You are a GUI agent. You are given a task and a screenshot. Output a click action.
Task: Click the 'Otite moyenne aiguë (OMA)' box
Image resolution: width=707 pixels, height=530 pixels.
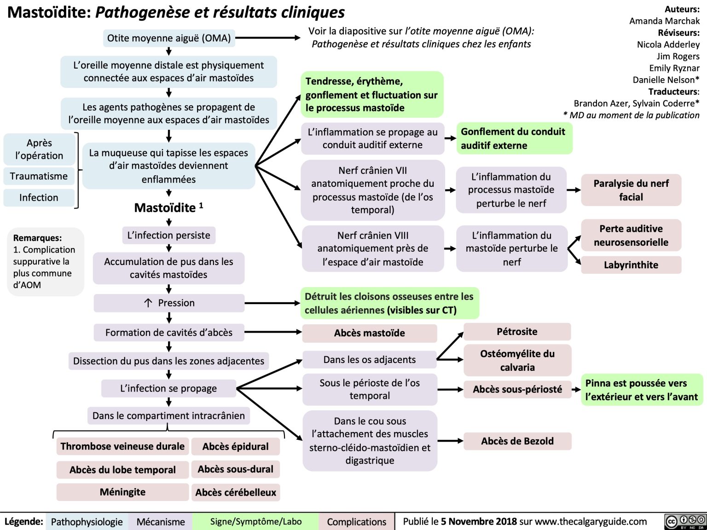tap(169, 38)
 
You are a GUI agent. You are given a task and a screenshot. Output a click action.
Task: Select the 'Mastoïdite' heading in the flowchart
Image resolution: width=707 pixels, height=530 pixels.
tap(166, 208)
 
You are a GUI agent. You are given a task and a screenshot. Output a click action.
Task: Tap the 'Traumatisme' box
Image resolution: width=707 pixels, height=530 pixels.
tap(39, 176)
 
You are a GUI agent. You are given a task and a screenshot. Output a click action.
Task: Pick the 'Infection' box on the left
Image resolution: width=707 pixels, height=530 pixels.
tap(39, 198)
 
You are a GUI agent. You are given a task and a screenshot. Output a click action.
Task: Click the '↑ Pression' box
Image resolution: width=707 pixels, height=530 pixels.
tap(169, 303)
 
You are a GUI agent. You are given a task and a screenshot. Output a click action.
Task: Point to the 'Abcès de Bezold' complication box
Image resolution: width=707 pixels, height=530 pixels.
tap(517, 441)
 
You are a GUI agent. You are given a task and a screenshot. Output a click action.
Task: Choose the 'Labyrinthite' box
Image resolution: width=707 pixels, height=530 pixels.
tap(631, 265)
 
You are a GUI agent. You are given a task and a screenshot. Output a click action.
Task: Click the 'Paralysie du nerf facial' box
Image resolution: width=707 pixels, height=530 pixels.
tap(631, 190)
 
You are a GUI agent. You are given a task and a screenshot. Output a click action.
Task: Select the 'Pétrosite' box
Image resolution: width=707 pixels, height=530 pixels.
tap(517, 332)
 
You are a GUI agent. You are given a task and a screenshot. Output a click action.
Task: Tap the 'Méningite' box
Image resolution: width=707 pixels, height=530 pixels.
tap(122, 492)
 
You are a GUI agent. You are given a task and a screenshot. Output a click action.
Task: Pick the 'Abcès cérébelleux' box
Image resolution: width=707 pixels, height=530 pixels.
tap(236, 493)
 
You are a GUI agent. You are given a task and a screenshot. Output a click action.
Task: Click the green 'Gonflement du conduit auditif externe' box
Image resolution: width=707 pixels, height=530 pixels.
tap(514, 138)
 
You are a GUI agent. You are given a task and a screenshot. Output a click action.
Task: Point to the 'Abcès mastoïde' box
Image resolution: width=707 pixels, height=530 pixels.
tap(369, 333)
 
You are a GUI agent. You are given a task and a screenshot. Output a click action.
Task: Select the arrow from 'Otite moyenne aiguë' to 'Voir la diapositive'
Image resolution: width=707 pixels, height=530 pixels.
tap(267, 38)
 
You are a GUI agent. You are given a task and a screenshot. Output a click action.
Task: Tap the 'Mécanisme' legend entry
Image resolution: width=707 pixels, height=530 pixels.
tap(161, 522)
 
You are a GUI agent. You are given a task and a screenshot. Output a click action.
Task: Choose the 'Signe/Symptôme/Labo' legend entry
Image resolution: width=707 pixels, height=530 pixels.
tap(256, 522)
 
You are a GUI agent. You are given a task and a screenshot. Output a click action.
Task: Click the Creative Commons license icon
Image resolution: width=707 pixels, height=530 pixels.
tap(685, 522)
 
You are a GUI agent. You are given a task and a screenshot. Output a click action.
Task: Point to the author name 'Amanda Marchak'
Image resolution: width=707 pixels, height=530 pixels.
tap(664, 21)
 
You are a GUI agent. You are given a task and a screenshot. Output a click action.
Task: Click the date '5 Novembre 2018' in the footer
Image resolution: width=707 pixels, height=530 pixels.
tap(479, 522)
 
